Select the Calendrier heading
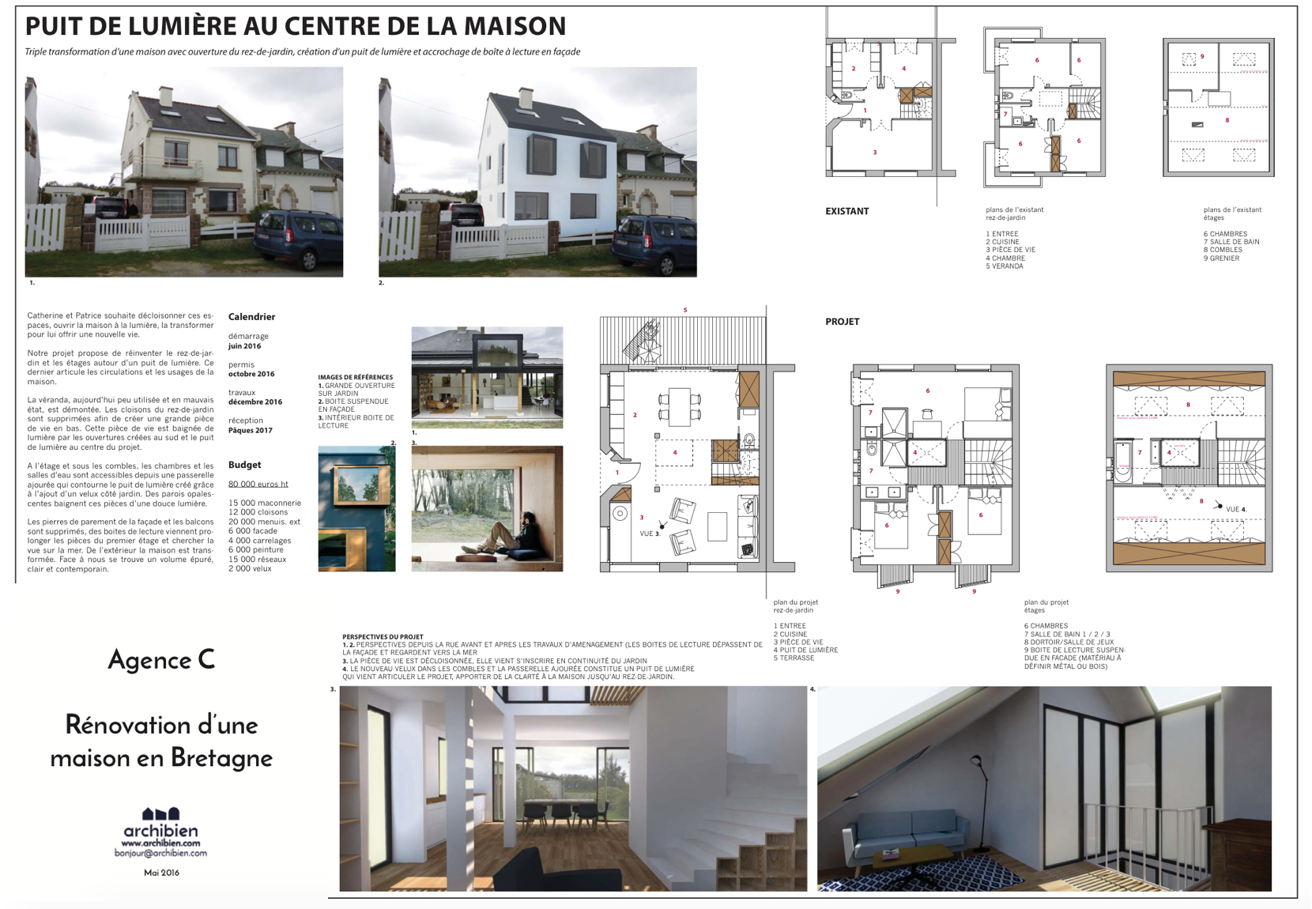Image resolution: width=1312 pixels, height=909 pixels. (x=251, y=317)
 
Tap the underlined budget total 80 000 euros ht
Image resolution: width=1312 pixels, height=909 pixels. (x=258, y=484)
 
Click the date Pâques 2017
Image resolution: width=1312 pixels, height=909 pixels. (x=251, y=431)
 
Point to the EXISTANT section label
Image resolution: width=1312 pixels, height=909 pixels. (x=846, y=212)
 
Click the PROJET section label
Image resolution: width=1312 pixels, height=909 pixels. (x=842, y=322)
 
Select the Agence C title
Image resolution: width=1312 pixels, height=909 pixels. (x=161, y=660)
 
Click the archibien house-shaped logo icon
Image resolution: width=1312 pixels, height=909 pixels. (x=160, y=813)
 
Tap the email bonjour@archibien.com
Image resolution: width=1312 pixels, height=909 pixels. (x=160, y=854)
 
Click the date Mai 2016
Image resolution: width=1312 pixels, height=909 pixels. (x=161, y=873)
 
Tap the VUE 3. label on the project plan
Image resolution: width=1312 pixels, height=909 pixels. (x=649, y=534)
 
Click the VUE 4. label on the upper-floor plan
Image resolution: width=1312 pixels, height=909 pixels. (x=1235, y=509)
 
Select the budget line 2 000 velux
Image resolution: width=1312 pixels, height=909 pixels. (x=250, y=568)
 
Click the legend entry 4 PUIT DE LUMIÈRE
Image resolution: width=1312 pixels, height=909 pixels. (x=805, y=651)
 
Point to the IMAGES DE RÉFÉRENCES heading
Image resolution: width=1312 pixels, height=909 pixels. (x=355, y=378)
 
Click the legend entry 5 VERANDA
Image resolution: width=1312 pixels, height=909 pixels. (x=1005, y=266)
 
